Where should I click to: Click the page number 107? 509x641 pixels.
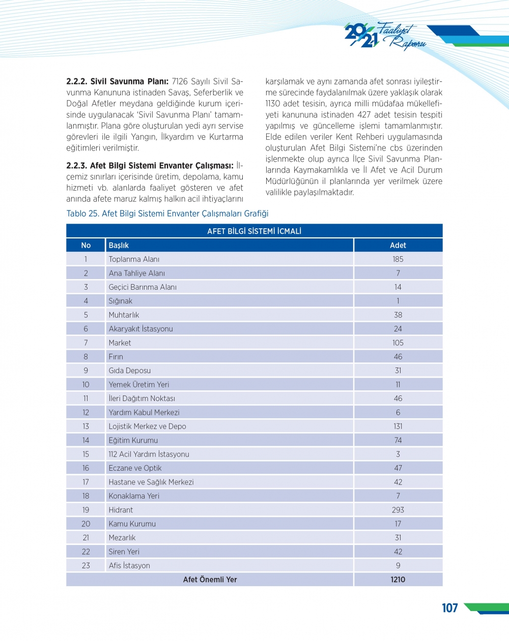pos(449,608)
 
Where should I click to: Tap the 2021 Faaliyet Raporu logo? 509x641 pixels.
pos(385,36)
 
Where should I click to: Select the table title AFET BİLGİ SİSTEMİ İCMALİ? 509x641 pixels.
pos(254,231)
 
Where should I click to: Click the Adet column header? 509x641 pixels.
pos(398,245)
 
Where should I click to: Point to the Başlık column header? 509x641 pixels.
pos(119,245)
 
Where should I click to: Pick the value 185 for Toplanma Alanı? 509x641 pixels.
pos(398,259)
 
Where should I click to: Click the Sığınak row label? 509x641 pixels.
pos(120,301)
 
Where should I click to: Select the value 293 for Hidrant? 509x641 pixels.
pos(398,510)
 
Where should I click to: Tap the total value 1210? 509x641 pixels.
pos(398,579)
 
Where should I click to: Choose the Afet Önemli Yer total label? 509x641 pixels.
pos(210,579)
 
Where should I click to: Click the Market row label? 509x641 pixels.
pos(120,343)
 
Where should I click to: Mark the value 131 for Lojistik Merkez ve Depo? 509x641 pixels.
pos(398,426)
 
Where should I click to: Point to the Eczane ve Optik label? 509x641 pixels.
pos(135,468)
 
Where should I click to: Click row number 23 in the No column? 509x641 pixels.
pos(86,565)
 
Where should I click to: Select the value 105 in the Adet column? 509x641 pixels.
pos(398,343)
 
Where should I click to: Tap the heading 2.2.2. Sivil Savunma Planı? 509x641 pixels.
pos(117,81)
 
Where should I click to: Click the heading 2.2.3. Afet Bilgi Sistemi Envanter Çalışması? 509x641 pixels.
pos(150,166)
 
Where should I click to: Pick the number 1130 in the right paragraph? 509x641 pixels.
pos(273,104)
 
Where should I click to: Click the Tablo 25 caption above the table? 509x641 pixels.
pos(167,213)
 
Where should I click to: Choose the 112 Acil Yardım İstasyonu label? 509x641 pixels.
pos(149,454)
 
